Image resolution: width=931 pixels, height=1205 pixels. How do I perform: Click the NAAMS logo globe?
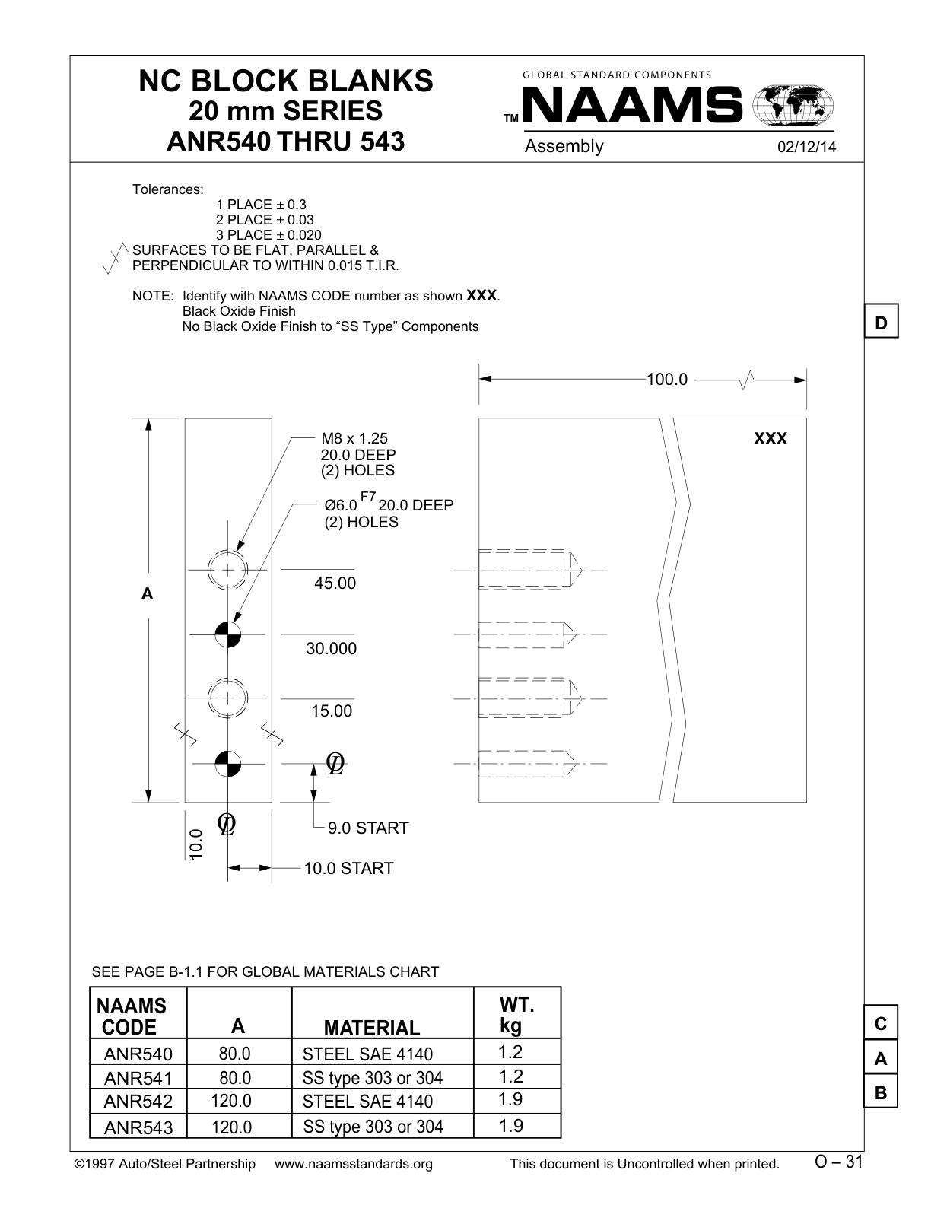point(793,105)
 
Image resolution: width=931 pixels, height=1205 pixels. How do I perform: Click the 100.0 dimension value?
point(666,380)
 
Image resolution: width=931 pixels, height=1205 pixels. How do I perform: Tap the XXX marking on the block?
point(771,439)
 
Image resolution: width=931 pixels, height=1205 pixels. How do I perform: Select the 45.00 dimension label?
point(335,583)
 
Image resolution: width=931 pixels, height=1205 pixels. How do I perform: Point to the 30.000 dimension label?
point(331,648)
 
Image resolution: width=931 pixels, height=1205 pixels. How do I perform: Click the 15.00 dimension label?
point(332,711)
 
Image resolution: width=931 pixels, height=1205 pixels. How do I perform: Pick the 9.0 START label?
point(367,828)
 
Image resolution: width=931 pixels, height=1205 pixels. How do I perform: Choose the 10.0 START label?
point(348,869)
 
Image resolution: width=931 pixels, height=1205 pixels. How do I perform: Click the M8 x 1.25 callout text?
point(354,438)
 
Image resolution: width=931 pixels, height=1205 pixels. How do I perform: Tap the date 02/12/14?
point(806,147)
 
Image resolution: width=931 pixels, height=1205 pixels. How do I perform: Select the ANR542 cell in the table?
point(138,1102)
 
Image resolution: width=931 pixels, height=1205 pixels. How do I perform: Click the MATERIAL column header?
point(371,1028)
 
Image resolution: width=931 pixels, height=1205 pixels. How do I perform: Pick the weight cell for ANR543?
point(510,1126)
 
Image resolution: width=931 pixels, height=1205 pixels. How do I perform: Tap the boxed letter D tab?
point(881,321)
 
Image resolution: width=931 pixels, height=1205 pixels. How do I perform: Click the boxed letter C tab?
point(881,1022)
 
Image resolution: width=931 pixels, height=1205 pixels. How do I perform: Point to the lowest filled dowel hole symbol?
point(228,764)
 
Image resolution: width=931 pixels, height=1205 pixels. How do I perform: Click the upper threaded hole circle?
point(228,570)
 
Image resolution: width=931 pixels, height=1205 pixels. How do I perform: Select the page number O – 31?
point(838,1162)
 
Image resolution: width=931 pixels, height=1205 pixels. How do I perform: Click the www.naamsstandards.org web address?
point(354,1164)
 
